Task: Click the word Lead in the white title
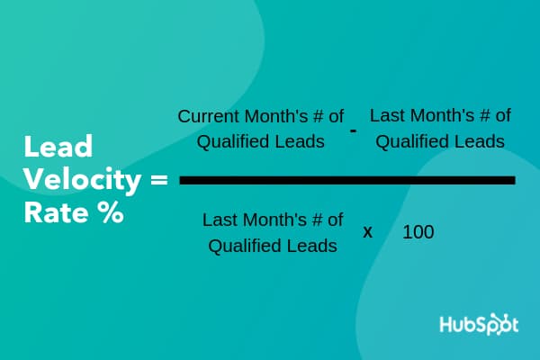tap(58, 147)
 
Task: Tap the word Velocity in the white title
tap(82, 180)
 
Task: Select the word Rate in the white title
tap(56, 212)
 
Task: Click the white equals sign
tap(159, 180)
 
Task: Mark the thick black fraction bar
tap(347, 180)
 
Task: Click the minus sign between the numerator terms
tap(353, 130)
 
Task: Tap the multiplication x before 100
tap(368, 232)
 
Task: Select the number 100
tap(418, 232)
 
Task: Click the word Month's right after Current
tap(276, 116)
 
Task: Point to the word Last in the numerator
tap(384, 115)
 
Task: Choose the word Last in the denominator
tap(217, 220)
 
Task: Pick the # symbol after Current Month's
tap(319, 116)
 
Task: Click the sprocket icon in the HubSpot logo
tap(499, 324)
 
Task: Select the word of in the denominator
tap(335, 220)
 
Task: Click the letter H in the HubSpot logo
tap(446, 325)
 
